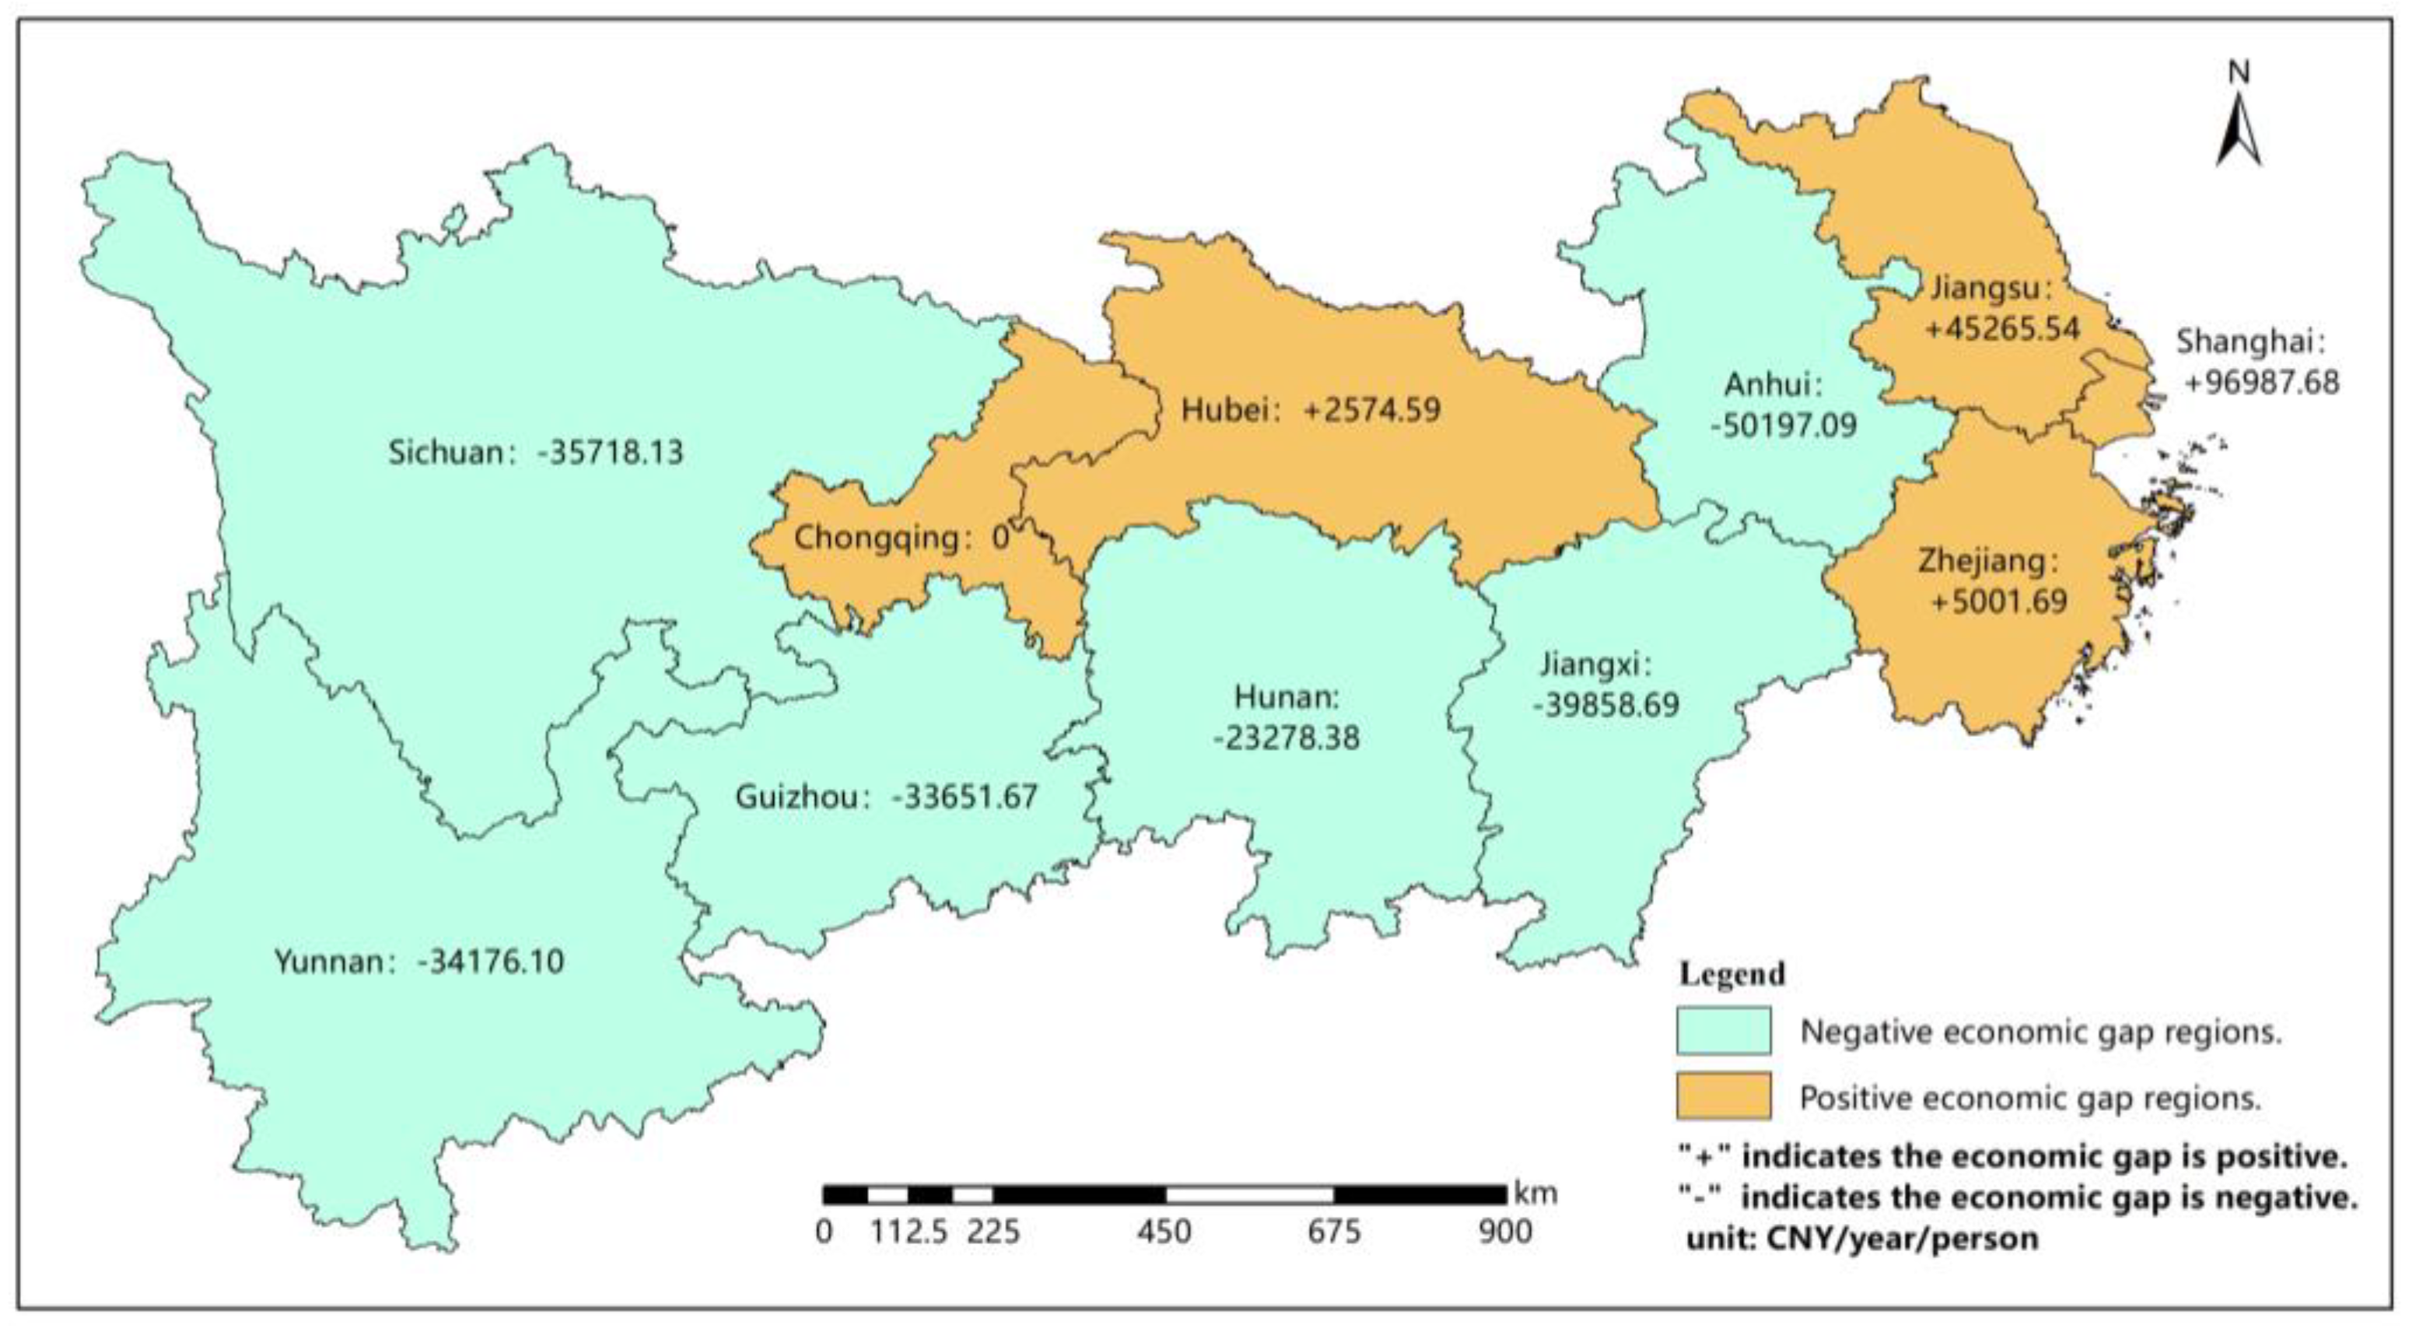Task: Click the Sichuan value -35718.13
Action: click(610, 453)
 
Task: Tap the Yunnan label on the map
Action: click(328, 962)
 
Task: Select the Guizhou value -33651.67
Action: click(965, 797)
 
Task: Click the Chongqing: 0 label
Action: click(901, 538)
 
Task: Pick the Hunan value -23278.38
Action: click(1286, 738)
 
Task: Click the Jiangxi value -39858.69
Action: click(1605, 704)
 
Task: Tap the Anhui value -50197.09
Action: click(1784, 426)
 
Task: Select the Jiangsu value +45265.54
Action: click(2001, 328)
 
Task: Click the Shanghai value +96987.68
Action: click(2261, 383)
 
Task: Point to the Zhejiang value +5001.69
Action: click(1998, 601)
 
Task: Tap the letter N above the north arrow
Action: click(2239, 73)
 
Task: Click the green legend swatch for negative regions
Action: click(1723, 1031)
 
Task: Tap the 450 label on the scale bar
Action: click(1164, 1232)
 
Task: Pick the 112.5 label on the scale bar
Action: click(909, 1232)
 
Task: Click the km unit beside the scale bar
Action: click(1535, 1194)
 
